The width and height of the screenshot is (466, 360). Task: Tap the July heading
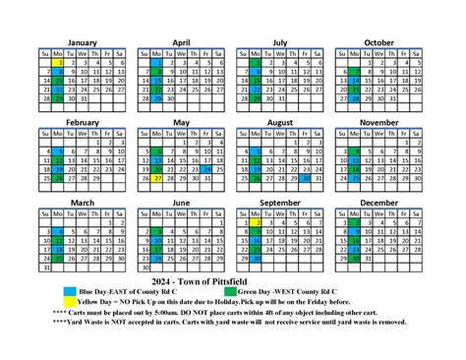tap(280, 42)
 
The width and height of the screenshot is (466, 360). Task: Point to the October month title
tap(379, 42)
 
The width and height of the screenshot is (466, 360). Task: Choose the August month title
tap(280, 122)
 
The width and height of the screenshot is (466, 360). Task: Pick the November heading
tap(379, 122)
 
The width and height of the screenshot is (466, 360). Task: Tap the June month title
tap(181, 203)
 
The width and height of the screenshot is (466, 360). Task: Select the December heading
tap(379, 203)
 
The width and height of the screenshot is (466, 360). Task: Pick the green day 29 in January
tap(61, 97)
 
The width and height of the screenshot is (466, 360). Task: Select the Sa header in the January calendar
tap(120, 52)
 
